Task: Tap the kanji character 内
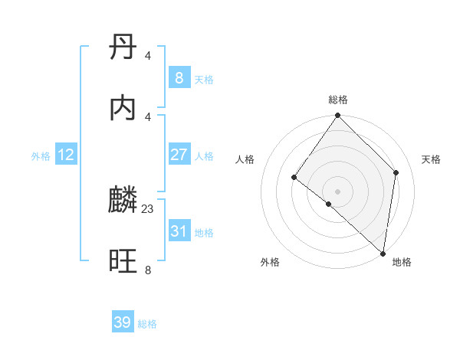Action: tap(123, 108)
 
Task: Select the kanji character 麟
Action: tap(123, 201)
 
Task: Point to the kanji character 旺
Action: tap(123, 261)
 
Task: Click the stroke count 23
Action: tap(148, 208)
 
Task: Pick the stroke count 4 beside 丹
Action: tap(148, 55)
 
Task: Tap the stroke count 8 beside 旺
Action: tap(148, 270)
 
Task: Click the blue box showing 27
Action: tap(179, 155)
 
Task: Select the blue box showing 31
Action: tap(179, 231)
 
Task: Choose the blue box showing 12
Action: tap(66, 155)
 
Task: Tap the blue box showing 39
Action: tap(123, 322)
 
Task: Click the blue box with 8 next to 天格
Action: tap(179, 78)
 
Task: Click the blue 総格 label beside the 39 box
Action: tap(147, 324)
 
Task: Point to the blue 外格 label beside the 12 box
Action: tap(41, 156)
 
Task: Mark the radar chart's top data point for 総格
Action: tap(337, 116)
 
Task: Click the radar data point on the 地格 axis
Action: tap(383, 254)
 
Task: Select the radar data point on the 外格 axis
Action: tap(328, 204)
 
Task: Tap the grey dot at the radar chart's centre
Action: tap(337, 191)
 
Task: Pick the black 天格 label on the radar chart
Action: tap(432, 159)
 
